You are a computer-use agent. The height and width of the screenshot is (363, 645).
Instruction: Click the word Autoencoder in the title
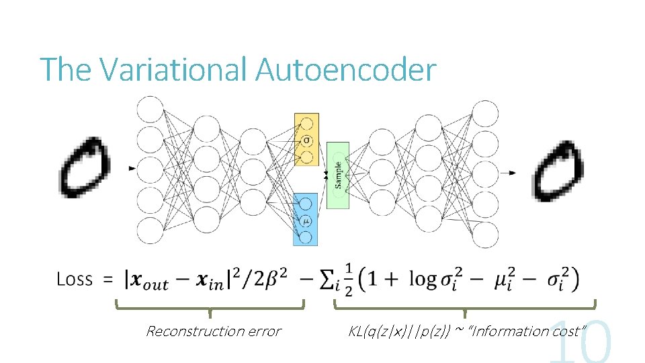point(346,69)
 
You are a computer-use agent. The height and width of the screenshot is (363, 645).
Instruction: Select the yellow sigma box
point(306,140)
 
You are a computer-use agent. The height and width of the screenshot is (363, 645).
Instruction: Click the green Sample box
point(338,173)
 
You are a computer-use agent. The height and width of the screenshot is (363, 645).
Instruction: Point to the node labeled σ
point(306,140)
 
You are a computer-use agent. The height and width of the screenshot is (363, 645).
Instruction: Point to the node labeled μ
point(306,220)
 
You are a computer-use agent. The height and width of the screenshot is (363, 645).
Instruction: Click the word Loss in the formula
point(74,279)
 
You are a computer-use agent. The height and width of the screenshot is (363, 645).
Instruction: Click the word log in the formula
point(423,280)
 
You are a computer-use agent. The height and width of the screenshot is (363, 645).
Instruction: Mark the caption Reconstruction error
point(213,331)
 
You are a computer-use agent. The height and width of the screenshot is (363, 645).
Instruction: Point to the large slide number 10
point(582,343)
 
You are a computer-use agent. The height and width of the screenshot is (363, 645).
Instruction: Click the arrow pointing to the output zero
point(510,173)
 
